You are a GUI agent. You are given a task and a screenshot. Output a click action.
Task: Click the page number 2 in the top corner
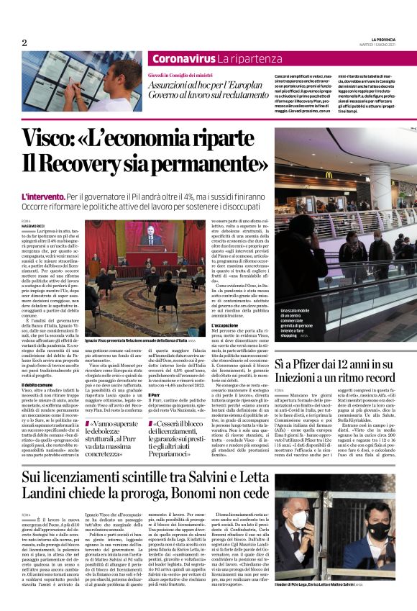[24, 43]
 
